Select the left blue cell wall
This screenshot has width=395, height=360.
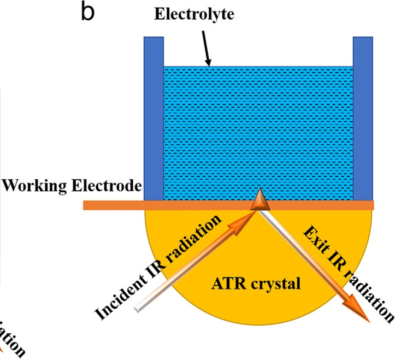(x=153, y=117)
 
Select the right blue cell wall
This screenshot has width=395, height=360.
(x=363, y=117)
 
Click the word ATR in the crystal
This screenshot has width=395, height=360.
(x=229, y=284)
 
